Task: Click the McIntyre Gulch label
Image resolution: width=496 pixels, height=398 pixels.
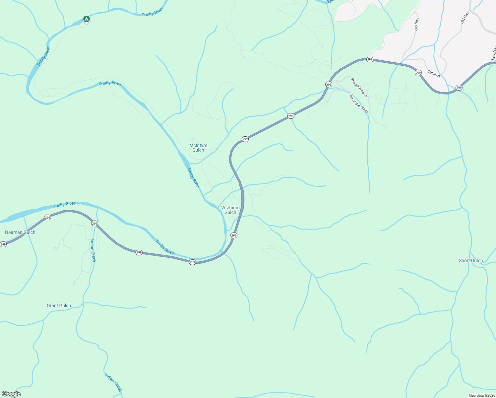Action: click(198, 148)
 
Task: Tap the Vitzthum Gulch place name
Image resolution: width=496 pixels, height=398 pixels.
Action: click(230, 210)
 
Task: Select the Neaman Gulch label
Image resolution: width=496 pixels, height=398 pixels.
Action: click(20, 232)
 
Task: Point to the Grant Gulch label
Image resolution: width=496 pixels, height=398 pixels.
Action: click(59, 305)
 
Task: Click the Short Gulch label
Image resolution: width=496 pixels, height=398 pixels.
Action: click(470, 260)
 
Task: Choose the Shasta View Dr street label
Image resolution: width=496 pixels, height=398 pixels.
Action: click(359, 88)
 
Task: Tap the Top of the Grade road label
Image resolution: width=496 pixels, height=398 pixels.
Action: click(359, 103)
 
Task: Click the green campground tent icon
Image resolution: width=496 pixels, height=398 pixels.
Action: click(86, 19)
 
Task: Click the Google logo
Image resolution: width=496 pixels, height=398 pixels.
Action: click(11, 394)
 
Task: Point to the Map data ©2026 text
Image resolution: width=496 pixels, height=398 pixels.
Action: click(481, 395)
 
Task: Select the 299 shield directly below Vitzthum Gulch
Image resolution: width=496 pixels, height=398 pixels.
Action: click(234, 235)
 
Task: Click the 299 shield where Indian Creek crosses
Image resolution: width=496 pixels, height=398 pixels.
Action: click(94, 224)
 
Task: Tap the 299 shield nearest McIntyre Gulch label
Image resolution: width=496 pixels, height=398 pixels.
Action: click(245, 139)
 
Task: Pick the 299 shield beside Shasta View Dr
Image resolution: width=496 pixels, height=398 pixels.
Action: click(329, 84)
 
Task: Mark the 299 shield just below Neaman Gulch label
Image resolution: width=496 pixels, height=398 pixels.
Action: click(3, 244)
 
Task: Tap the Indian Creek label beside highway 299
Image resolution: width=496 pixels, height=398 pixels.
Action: click(93, 250)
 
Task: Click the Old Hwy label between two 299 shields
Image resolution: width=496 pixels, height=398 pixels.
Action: click(434, 74)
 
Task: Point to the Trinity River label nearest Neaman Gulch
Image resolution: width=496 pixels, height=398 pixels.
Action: click(64, 205)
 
